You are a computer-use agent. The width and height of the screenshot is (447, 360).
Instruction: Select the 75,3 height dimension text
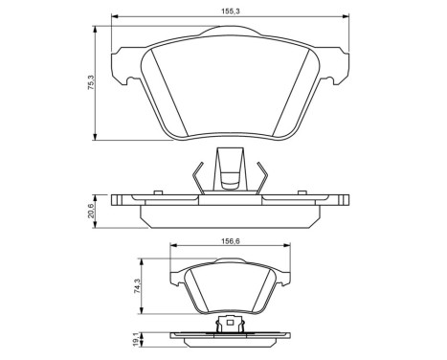coord(91,83)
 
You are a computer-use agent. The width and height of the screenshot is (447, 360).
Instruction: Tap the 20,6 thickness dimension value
coord(91,209)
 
